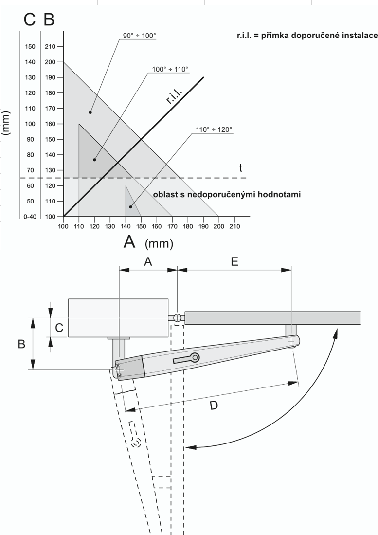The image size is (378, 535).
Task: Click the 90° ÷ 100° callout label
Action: click(140, 36)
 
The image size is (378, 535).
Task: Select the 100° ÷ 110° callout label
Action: click(170, 70)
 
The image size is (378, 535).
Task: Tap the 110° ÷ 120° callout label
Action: click(214, 129)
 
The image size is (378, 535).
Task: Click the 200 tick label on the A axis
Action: click(219, 226)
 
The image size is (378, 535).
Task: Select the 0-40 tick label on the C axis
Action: click(30, 217)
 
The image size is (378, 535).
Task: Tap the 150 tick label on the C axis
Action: click(30, 47)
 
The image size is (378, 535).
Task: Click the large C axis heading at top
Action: click(30, 20)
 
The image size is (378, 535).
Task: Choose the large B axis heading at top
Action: click(49, 20)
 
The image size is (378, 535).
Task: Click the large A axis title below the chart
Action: click(129, 242)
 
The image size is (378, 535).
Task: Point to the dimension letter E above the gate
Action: click(234, 261)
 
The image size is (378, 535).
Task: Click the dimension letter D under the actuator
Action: click(213, 405)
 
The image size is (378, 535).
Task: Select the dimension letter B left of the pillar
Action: click(21, 344)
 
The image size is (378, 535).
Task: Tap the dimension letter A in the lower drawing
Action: click(148, 261)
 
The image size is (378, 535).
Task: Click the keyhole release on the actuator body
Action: click(187, 359)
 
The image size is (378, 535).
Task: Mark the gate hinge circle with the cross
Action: click(177, 318)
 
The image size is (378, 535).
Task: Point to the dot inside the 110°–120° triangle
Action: click(130, 207)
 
